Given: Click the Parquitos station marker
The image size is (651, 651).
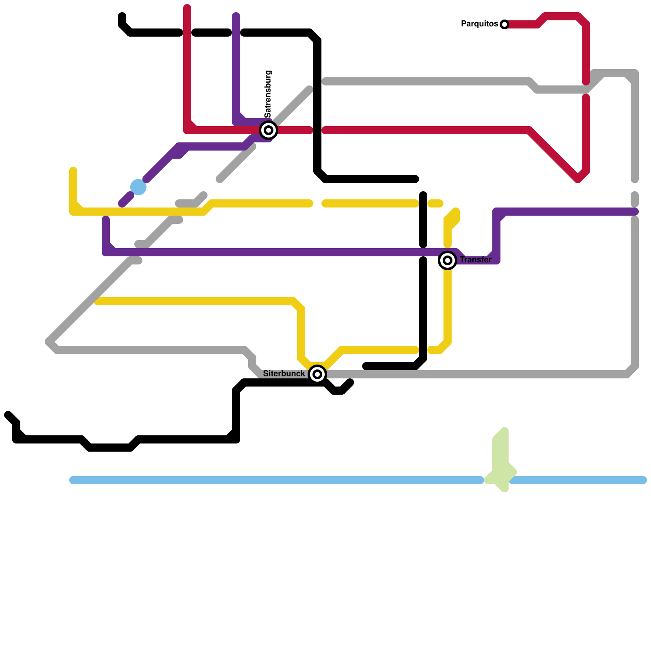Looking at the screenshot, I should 505,24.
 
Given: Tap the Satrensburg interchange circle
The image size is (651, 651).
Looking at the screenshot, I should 269,130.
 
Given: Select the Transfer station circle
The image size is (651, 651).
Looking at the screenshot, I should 448,260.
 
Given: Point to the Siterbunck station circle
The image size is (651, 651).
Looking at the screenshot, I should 317,374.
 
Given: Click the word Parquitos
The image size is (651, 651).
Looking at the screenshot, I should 479,24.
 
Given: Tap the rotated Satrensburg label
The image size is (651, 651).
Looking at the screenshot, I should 268,94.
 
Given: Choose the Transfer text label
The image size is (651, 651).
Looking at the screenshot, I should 476,260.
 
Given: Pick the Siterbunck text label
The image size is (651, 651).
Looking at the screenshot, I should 284,374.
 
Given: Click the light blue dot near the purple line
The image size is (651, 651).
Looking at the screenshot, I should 138,187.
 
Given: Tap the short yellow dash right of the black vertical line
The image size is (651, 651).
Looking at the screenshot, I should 435,203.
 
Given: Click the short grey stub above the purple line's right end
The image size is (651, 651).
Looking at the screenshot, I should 635,199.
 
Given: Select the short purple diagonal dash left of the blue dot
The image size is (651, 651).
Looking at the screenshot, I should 126,199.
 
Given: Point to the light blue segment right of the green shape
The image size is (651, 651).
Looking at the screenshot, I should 578,480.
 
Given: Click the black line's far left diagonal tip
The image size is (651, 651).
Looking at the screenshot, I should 8,415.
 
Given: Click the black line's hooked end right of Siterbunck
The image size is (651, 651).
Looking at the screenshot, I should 350,382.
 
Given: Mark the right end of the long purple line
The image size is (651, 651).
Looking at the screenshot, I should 636,212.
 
